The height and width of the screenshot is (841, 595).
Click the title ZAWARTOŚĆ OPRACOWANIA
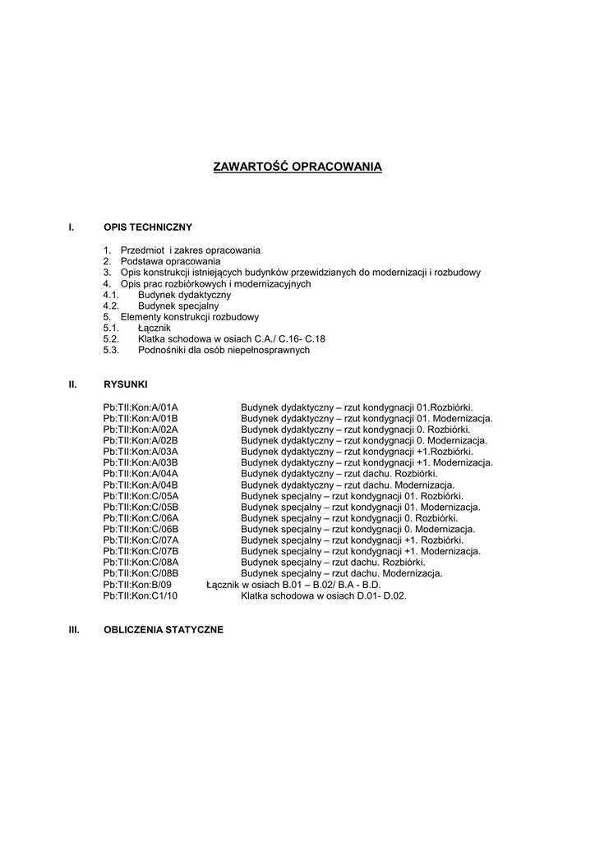(x=297, y=167)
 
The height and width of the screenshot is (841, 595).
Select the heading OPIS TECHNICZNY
(x=148, y=226)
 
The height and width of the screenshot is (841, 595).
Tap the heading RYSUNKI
(x=126, y=384)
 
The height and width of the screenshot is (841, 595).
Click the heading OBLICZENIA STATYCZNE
(x=164, y=630)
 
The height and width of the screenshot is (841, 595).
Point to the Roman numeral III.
(x=72, y=630)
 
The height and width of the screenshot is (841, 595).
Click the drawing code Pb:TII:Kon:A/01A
(x=141, y=407)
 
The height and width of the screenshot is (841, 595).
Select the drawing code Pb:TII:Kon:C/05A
(x=141, y=496)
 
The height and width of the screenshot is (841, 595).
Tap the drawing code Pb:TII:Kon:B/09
(x=137, y=586)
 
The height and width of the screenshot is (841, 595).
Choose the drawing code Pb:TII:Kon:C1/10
(x=141, y=596)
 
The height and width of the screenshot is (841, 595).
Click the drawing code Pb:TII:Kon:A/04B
(x=141, y=485)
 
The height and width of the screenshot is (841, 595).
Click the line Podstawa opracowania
(x=170, y=260)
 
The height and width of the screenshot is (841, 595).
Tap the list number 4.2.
(x=112, y=306)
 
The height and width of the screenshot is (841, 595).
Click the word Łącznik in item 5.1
(x=155, y=328)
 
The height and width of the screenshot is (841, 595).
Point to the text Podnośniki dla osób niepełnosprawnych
(x=224, y=350)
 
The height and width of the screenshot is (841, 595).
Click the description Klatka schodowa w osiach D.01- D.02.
(x=324, y=596)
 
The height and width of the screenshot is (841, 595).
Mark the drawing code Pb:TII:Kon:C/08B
(x=141, y=574)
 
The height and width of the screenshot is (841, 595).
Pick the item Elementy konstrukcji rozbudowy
(x=190, y=316)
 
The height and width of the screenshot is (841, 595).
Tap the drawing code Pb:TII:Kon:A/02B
(x=141, y=440)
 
